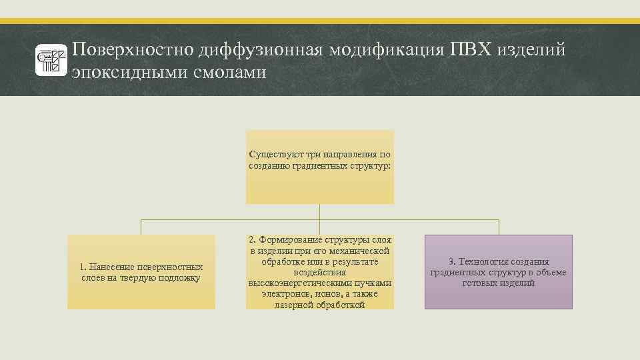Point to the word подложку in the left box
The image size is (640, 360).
point(178,277)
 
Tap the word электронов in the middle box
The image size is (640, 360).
point(283,294)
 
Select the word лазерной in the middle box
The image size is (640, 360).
point(293,305)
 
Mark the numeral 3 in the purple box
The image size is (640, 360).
point(451,261)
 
